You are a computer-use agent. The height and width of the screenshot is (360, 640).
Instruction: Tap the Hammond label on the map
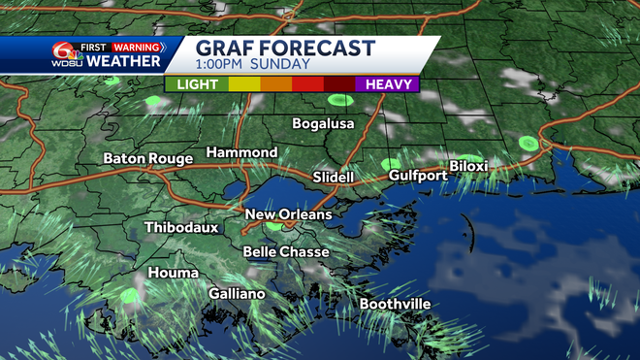click(241, 153)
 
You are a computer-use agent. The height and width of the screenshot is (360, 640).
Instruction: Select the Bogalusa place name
click(324, 124)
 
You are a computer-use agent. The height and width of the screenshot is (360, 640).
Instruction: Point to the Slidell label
click(334, 178)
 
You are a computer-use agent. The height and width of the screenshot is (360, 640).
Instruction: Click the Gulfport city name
click(418, 176)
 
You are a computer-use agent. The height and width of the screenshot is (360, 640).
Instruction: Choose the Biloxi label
click(468, 167)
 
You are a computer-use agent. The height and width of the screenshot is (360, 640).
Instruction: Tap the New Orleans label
click(288, 214)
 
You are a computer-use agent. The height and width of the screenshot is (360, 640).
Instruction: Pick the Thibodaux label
click(181, 228)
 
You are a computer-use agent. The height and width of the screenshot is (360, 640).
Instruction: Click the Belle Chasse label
click(286, 251)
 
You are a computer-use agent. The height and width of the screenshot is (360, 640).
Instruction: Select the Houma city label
click(174, 273)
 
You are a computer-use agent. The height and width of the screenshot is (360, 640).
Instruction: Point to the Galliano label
click(238, 293)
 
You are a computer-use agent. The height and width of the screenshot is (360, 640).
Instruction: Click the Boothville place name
click(395, 304)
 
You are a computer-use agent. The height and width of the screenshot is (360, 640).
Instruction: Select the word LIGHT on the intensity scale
click(197, 84)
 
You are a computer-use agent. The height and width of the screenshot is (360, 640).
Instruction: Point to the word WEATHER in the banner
click(124, 62)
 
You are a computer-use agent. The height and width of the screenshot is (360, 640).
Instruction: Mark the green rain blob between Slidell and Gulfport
click(390, 164)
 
